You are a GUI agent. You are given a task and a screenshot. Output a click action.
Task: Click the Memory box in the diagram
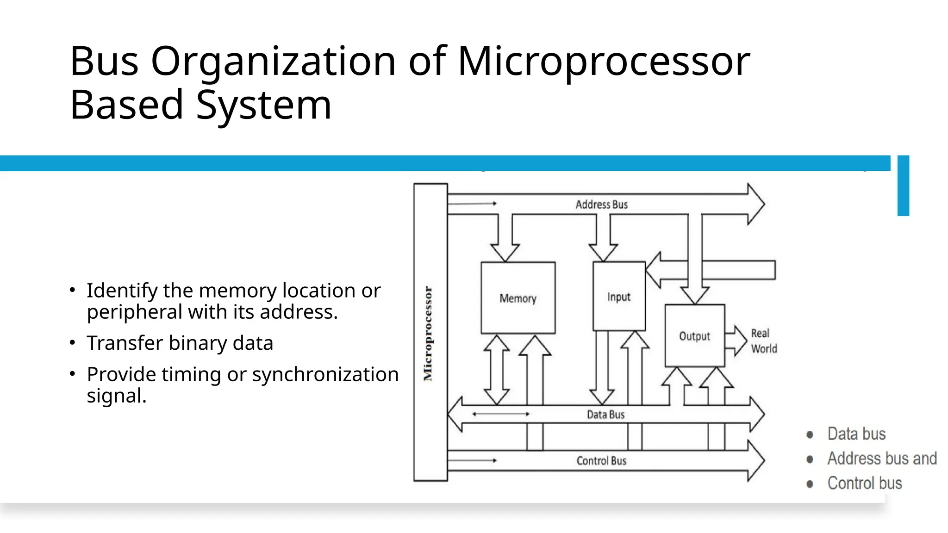pos(518,298)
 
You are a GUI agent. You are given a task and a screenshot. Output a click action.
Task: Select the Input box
pos(619,297)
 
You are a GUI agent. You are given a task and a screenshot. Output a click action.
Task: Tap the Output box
pos(694,336)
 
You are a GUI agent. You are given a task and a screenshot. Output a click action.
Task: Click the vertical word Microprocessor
pos(428,334)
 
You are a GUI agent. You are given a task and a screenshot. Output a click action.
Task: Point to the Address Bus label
pos(601,205)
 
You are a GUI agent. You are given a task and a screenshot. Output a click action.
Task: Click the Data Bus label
pos(605,415)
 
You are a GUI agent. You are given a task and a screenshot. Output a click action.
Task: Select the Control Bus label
pos(601,461)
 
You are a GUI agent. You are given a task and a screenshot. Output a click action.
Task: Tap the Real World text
pos(763,341)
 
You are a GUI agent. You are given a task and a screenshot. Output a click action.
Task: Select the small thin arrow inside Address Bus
pos(472,204)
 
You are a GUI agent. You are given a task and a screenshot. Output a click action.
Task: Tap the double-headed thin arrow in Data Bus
pos(500,414)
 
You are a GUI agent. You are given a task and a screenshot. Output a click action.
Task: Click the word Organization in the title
pos(273,62)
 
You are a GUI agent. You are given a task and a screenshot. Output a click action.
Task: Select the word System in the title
pos(263,105)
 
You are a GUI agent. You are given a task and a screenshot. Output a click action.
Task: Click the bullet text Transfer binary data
pos(180,343)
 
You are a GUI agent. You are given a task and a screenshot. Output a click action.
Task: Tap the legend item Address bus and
pos(881,459)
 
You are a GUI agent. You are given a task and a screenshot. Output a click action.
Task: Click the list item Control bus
pos(864,483)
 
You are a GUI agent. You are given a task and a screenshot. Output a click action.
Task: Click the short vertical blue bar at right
pos(903,186)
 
